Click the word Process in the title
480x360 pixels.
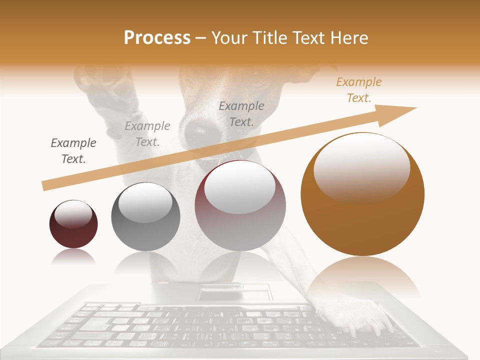click(157, 38)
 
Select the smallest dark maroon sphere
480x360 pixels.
click(73, 224)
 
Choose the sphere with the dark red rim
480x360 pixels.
click(240, 205)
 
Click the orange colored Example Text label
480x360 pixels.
click(359, 90)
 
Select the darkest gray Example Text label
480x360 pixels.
click(73, 150)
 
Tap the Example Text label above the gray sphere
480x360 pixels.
click(147, 133)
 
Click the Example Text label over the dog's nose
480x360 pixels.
click(241, 113)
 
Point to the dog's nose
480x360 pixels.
click(199, 131)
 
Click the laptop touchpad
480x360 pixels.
click(234, 293)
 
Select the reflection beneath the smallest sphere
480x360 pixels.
click(73, 257)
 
